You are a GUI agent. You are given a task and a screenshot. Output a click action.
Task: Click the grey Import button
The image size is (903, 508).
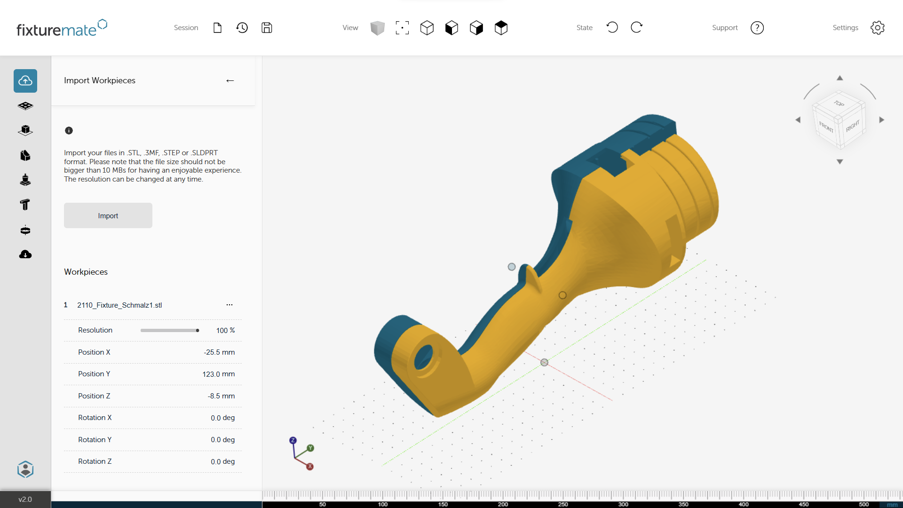coord(108,215)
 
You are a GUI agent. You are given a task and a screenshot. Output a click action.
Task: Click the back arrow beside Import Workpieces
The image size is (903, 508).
coord(230,81)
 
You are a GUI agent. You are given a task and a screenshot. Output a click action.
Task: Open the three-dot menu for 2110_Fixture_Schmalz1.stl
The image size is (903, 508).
coord(229,305)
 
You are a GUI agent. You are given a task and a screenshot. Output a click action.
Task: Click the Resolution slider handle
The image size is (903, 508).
coord(198,330)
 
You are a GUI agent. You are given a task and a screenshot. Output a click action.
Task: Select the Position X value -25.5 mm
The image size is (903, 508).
coord(219,352)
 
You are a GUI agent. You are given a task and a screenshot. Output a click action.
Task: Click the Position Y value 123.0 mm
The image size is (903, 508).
coord(218,374)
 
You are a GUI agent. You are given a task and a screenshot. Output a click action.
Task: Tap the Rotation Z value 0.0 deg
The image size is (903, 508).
coord(222,461)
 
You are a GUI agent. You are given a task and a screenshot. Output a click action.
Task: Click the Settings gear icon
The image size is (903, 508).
coord(877,28)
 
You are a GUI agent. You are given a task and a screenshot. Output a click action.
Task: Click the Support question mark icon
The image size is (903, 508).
coord(757,28)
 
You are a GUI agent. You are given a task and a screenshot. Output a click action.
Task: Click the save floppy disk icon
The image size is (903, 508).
coord(267,28)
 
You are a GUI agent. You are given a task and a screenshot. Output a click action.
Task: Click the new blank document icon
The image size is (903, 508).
coord(217,28)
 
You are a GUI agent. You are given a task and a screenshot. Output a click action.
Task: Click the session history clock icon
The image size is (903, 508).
coord(242,28)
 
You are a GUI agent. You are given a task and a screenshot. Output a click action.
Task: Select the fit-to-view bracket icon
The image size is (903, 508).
coord(402,28)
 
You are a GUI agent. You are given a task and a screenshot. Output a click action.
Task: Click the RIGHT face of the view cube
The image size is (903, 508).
coord(852,126)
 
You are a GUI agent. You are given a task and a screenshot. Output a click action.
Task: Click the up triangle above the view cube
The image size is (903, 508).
coord(840,78)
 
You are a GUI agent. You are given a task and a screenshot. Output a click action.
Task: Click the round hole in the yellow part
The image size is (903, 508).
coord(424,357)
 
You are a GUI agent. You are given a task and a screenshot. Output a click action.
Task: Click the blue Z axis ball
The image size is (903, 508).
coord(293,440)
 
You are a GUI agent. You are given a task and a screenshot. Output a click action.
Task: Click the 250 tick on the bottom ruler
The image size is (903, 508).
coord(563,504)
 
